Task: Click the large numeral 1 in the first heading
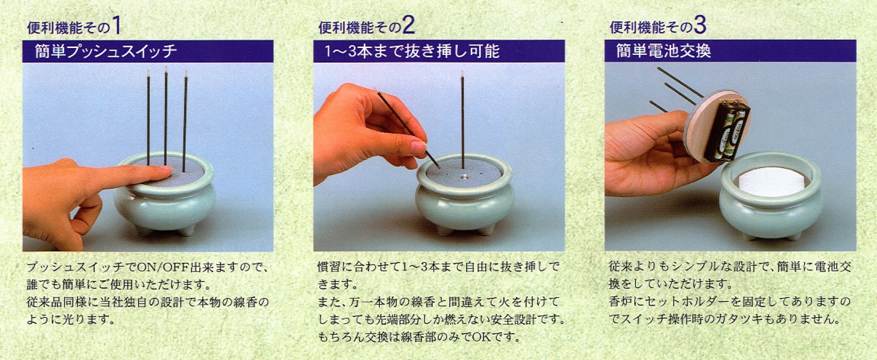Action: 116,26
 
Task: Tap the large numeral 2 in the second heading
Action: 408,25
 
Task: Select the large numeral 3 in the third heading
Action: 700,25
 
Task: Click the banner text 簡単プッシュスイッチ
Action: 106,51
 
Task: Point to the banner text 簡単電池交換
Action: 664,51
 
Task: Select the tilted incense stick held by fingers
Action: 407,129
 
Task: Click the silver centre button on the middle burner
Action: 464,177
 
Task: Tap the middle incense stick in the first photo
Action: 166,115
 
